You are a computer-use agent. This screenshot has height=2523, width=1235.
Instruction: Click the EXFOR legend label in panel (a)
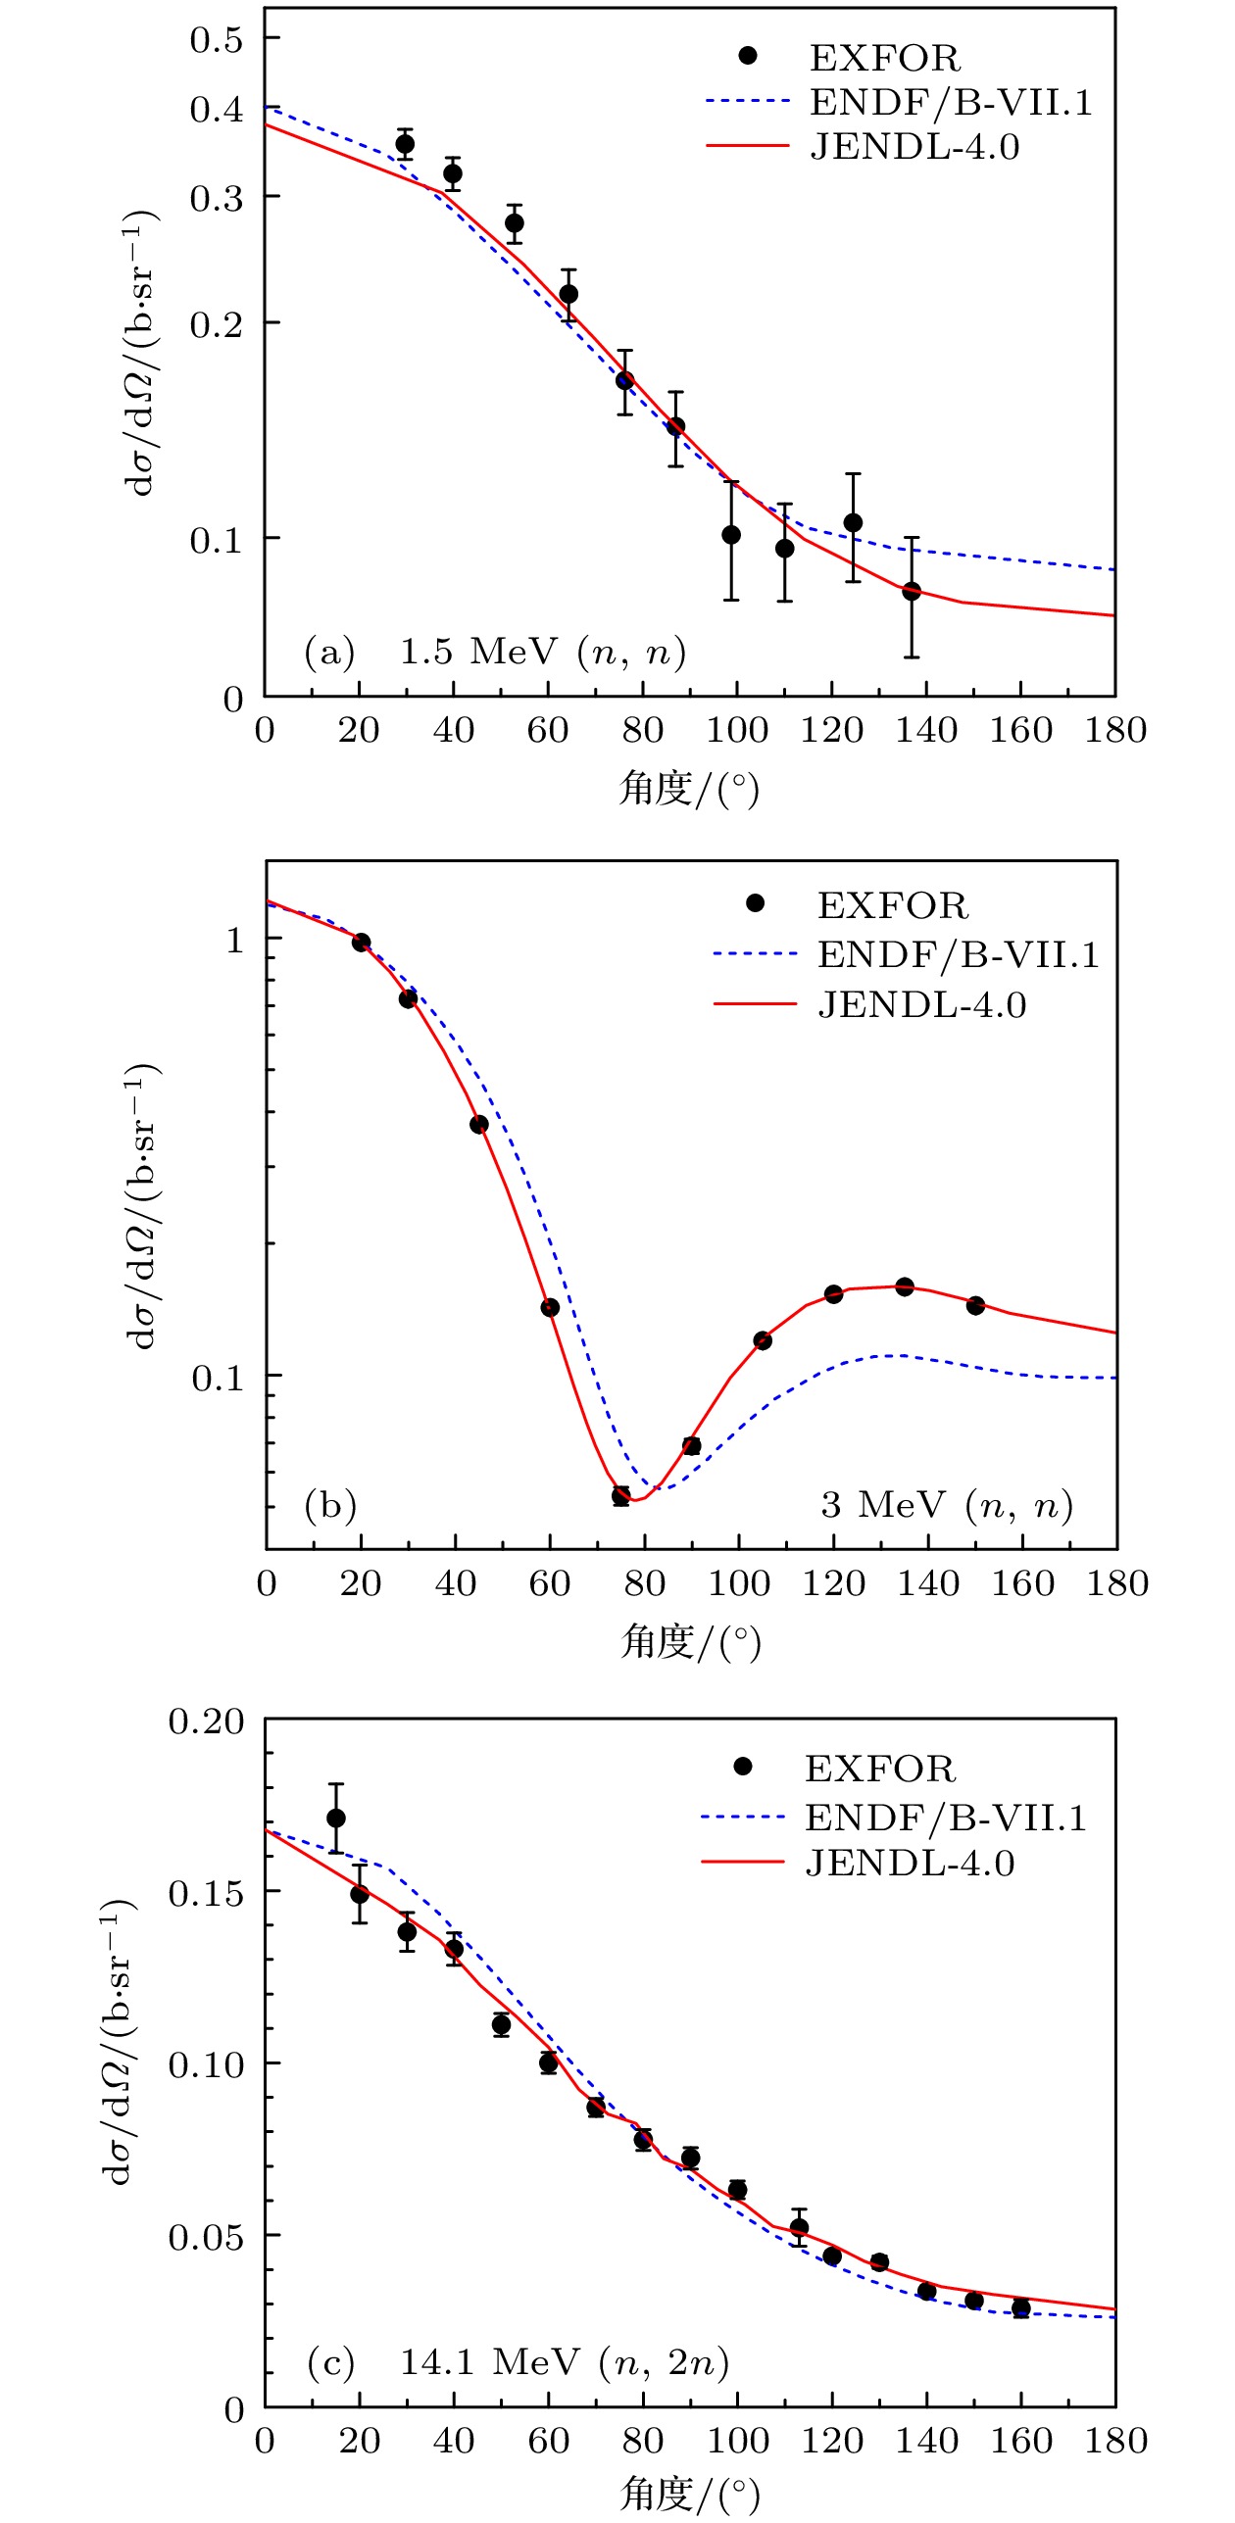coord(884,59)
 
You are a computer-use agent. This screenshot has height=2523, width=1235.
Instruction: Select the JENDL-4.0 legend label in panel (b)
coord(921,1004)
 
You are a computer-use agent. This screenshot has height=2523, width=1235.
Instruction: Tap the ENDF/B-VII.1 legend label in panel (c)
coord(945,1818)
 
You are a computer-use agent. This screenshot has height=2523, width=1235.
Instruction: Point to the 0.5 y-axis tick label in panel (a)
coord(216,39)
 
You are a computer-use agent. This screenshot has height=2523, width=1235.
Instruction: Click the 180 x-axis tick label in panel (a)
coord(1114,730)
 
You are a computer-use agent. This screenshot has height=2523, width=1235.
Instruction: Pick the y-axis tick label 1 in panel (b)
coord(234,941)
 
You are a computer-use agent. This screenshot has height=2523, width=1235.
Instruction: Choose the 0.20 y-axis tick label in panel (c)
coord(206,1721)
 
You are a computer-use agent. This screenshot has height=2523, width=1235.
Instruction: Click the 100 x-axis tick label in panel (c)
coord(737,2440)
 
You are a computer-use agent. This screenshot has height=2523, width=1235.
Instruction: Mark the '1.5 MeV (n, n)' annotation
coord(542,652)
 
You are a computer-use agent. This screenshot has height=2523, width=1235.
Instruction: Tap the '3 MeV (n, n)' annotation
coord(946,1504)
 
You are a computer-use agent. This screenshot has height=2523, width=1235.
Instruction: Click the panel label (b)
coord(330,1504)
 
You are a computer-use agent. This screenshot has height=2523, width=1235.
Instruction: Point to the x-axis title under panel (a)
coord(689,789)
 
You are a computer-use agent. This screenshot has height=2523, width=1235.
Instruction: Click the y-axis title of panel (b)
coord(142,1205)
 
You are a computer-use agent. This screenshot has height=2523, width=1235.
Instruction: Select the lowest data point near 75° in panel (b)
coord(620,1496)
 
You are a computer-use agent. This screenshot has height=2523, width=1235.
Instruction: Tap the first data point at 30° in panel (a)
coord(405,144)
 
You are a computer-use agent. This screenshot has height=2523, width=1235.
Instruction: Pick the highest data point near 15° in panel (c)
coord(335,1819)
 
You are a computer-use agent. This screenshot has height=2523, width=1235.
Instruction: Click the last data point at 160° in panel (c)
coord(1021,2307)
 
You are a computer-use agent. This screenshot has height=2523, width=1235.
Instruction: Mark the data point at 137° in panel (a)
coord(912,591)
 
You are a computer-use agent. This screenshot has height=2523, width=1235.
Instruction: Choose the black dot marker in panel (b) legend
coord(755,903)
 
